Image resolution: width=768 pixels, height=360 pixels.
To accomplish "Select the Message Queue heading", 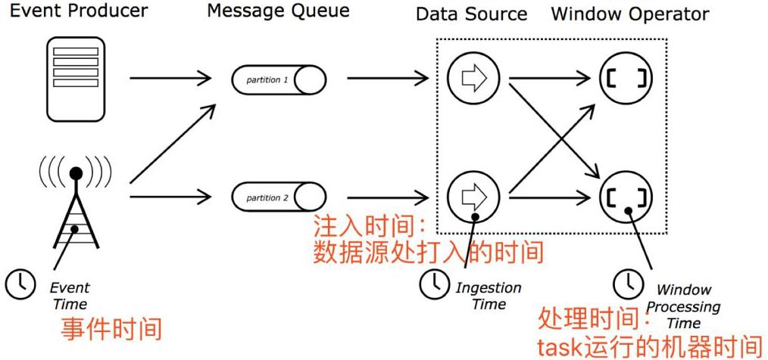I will tap(278, 11).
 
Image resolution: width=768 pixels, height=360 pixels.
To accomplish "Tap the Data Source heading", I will tap(471, 14).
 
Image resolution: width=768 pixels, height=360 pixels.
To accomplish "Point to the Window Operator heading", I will tap(630, 14).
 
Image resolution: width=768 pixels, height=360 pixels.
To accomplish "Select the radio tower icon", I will tap(76, 200).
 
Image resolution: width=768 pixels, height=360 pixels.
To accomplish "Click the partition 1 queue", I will tap(279, 79).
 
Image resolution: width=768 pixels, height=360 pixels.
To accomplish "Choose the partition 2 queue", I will tap(279, 198).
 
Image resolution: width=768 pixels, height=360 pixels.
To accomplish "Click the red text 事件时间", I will tap(111, 329).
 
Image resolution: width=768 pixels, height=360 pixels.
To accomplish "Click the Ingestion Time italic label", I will tap(489, 296).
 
